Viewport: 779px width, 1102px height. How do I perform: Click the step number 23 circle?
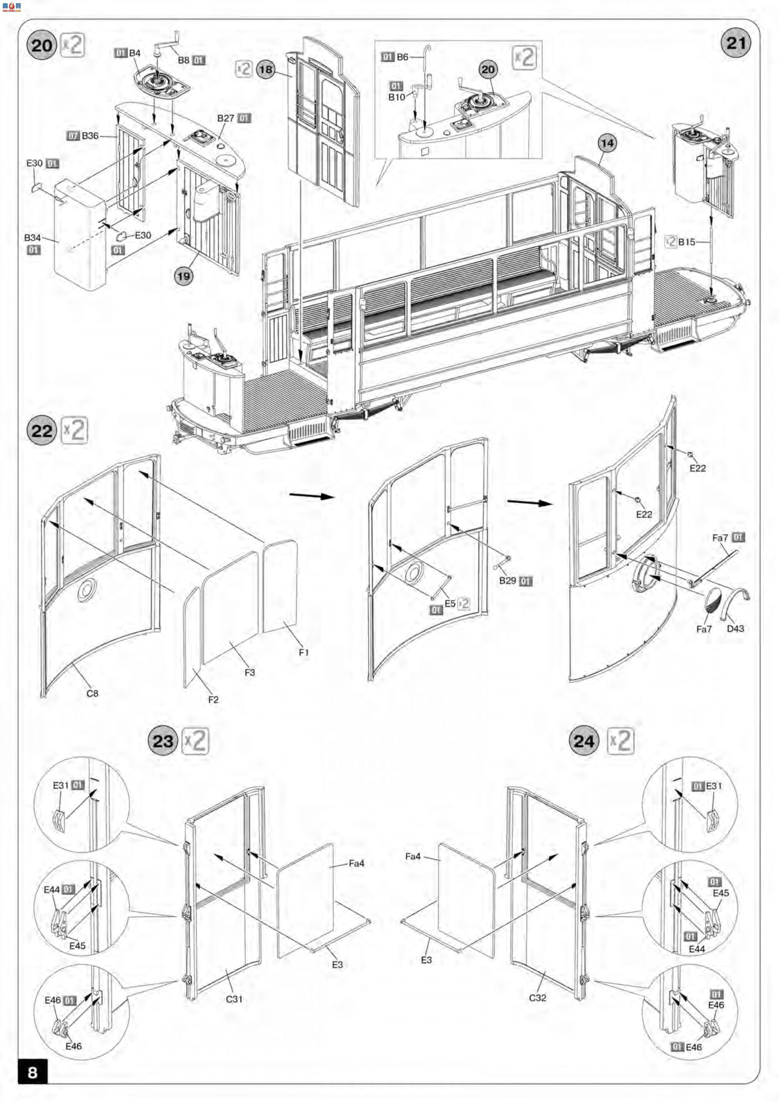pyautogui.click(x=163, y=741)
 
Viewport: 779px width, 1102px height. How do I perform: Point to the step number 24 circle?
pyautogui.click(x=584, y=741)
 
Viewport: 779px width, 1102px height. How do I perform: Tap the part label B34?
pyautogui.click(x=33, y=237)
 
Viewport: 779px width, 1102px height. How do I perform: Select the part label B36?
pyautogui.click(x=90, y=136)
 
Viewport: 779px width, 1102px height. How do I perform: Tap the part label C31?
pyautogui.click(x=234, y=999)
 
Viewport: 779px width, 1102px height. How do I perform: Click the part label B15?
pyautogui.click(x=686, y=242)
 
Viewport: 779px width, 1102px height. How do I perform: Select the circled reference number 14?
pyautogui.click(x=607, y=143)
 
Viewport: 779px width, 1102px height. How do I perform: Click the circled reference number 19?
pyautogui.click(x=183, y=276)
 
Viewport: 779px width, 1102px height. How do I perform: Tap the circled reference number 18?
pyautogui.click(x=265, y=70)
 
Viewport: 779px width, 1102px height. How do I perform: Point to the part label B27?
pyautogui.click(x=225, y=118)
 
